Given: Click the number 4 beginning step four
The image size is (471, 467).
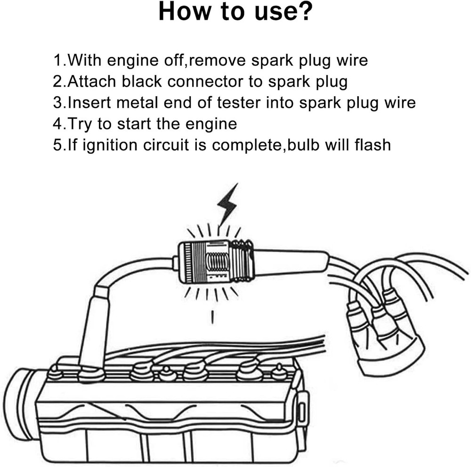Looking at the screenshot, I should click(x=58, y=124).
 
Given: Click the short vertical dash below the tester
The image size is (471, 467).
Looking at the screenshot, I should click(x=213, y=317).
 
